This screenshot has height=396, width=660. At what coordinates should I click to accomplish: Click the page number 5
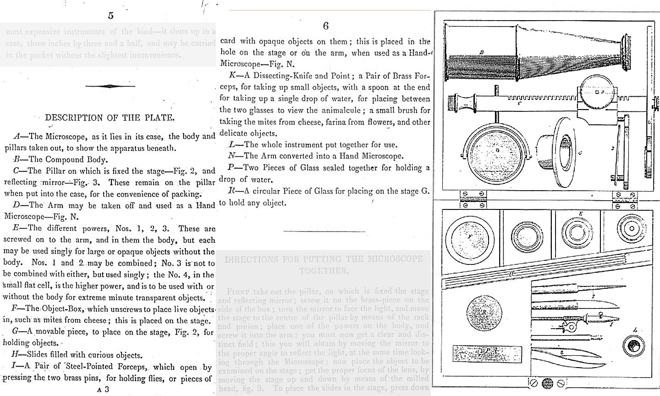point(110,16)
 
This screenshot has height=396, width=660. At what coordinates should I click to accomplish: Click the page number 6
point(325,26)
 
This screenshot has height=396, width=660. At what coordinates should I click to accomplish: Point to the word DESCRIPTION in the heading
point(74,118)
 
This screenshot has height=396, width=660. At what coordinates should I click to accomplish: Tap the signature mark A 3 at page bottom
point(103,389)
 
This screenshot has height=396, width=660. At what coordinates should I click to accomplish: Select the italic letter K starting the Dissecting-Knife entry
point(231,76)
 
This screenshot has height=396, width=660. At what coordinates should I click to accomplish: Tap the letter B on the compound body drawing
point(481,52)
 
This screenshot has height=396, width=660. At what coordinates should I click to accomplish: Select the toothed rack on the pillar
point(541,98)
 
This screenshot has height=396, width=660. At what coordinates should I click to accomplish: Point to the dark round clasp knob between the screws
point(547,383)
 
